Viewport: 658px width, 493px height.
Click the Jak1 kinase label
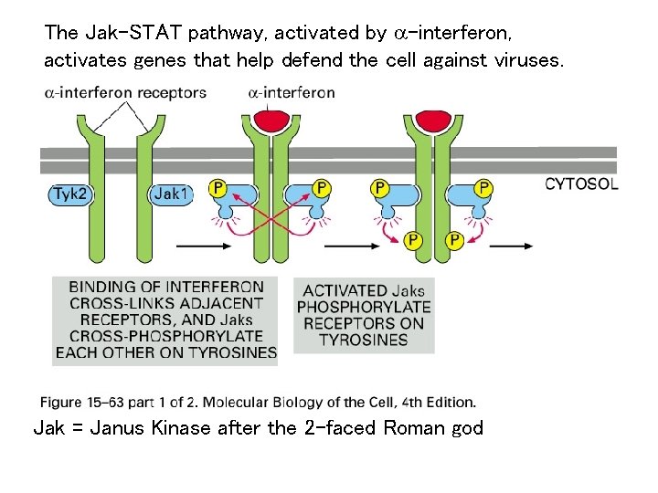click(170, 194)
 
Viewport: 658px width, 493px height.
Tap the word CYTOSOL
click(581, 184)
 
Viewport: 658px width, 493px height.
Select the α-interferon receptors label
click(125, 92)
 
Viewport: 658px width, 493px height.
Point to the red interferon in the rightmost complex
click(431, 120)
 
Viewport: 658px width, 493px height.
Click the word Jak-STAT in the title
click(132, 34)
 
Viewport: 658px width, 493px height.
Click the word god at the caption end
click(465, 427)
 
